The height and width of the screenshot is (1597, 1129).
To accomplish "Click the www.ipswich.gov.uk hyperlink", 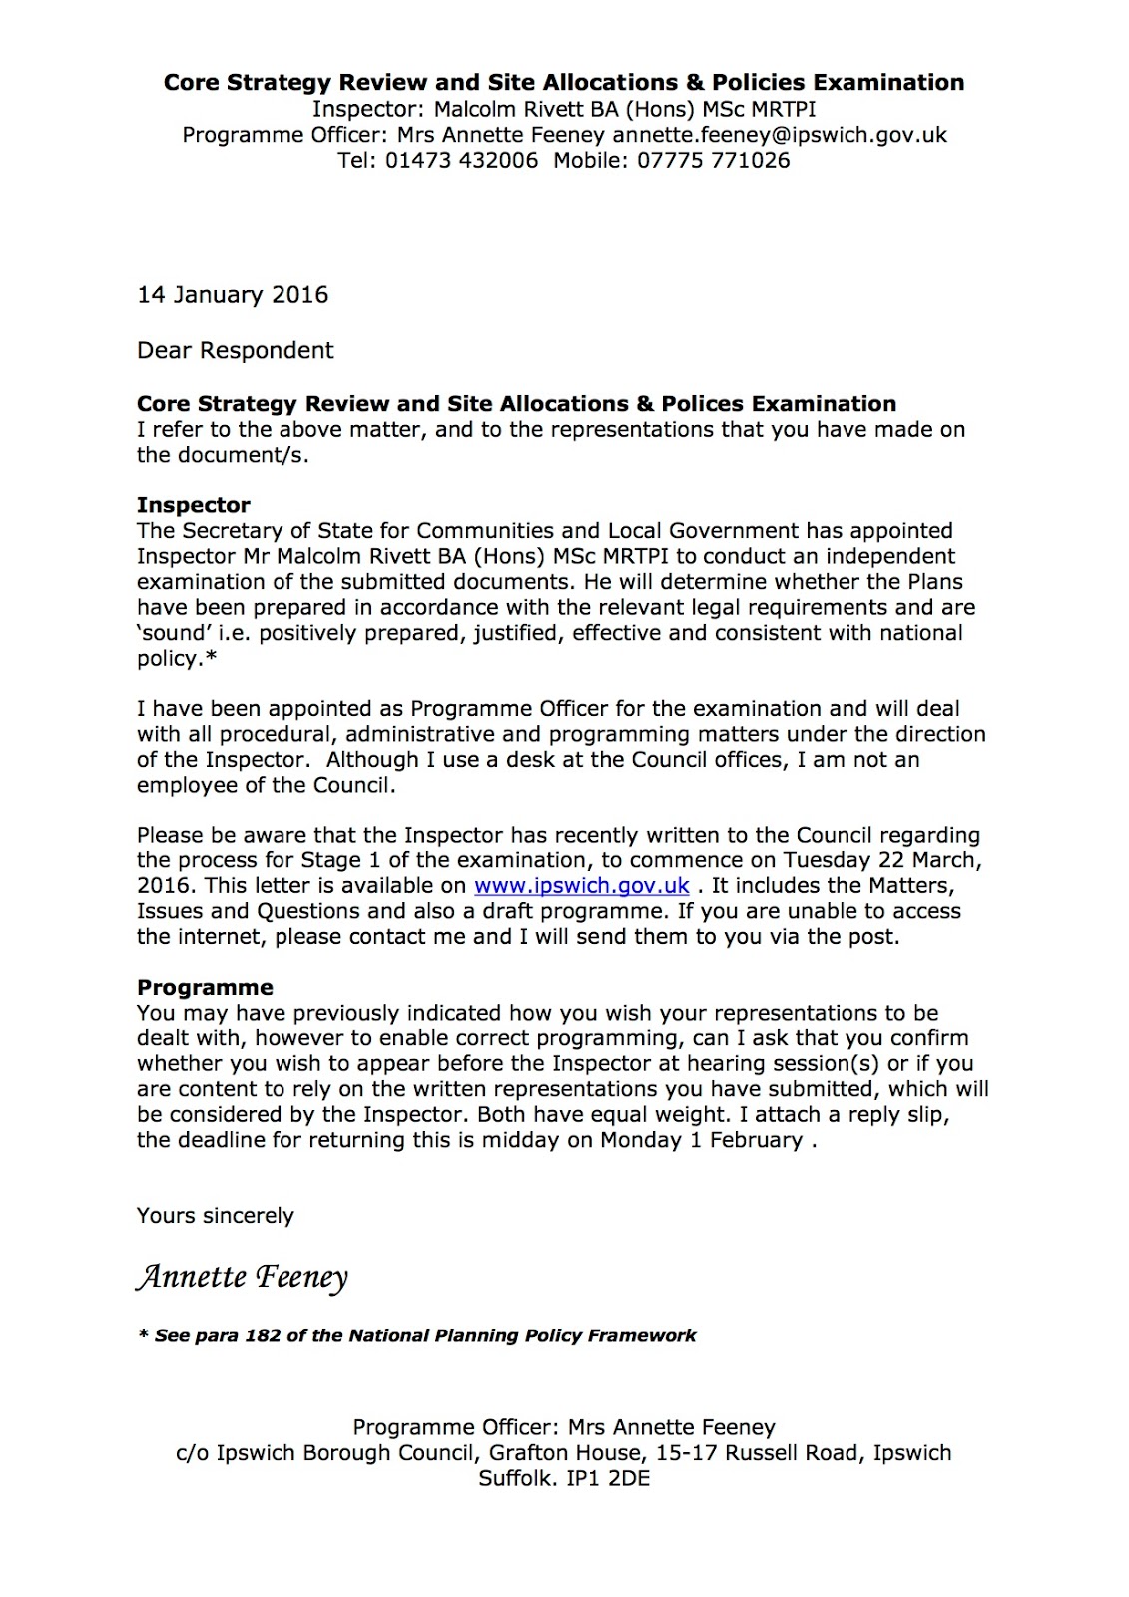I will [x=581, y=886].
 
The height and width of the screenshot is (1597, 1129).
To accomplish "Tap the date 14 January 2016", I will [x=233, y=295].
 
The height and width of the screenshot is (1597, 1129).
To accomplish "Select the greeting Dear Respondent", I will [x=236, y=351].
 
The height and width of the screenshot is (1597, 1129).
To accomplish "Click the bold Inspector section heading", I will [x=194, y=505].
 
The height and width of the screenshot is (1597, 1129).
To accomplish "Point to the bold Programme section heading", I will [x=205, y=987].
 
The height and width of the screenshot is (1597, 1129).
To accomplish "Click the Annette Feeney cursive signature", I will [x=243, y=1277].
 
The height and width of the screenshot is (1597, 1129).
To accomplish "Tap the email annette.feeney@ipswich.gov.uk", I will [x=780, y=135].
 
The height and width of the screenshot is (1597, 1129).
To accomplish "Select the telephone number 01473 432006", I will [x=461, y=161].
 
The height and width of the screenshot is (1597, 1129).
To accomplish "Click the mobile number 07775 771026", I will [x=714, y=161].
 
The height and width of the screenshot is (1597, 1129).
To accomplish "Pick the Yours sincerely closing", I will [x=216, y=1216].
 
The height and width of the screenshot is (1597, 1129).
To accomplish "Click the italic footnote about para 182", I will [x=417, y=1336].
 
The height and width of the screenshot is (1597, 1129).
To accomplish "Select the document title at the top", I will [x=564, y=83].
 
